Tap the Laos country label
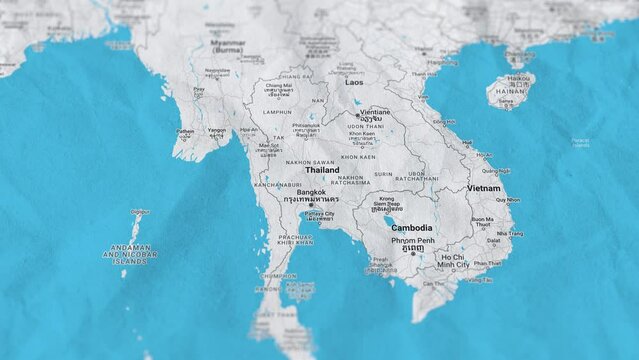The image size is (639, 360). click(x=355, y=83)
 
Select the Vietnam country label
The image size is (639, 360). click(x=484, y=188)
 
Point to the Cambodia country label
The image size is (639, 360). click(x=412, y=228)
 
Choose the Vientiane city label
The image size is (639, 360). click(x=375, y=113)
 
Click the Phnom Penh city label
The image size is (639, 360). click(x=412, y=241)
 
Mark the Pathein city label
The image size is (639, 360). click(x=186, y=131)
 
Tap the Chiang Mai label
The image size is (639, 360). click(x=278, y=86)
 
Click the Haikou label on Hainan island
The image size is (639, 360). click(x=519, y=78)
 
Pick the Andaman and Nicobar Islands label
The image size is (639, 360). click(x=130, y=253)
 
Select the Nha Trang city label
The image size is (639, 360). click(x=509, y=233)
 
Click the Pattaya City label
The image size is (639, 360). click(x=319, y=214)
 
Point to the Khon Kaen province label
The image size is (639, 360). click(x=357, y=157)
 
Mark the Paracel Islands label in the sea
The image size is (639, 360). click(x=580, y=142)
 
